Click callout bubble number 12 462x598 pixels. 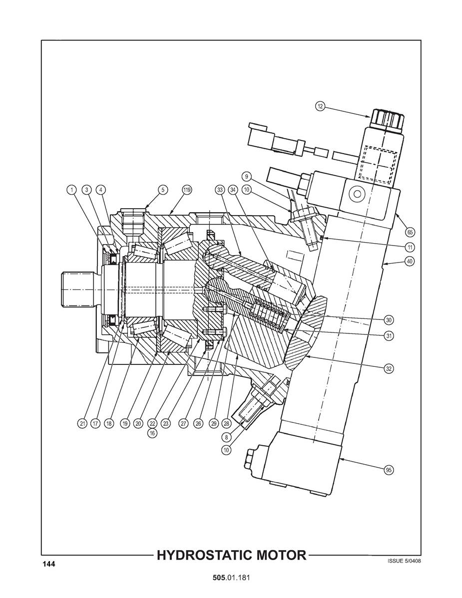coord(320,106)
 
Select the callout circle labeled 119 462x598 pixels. coord(186,190)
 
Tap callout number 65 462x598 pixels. coord(410,232)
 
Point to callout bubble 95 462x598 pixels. coord(389,470)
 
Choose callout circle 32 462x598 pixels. coord(389,368)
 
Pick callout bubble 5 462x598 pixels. coord(162,190)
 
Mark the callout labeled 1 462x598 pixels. coord(72,190)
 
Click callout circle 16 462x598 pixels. coord(152,433)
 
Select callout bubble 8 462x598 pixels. coord(227,437)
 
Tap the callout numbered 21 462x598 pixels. coord(82,423)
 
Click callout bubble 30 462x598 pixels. coord(389,319)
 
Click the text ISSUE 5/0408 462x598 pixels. coord(404,561)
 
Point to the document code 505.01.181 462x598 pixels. coord(231,578)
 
